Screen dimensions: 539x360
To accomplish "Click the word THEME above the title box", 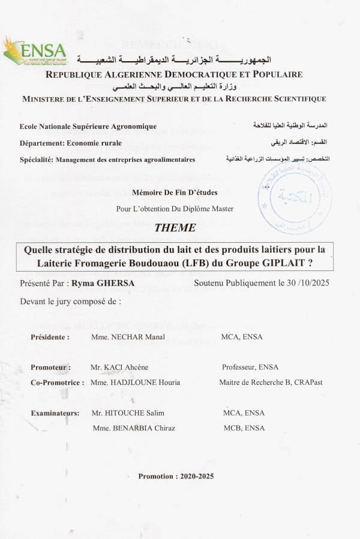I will (x=175, y=228).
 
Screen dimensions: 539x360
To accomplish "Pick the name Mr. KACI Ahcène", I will (x=119, y=367).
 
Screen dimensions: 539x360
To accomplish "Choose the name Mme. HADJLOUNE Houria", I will (x=135, y=383).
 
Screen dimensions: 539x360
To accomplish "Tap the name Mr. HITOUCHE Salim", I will (x=128, y=413).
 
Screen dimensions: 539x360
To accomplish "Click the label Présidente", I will (x=50, y=337).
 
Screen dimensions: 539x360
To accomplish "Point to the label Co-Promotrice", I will (x=57, y=383).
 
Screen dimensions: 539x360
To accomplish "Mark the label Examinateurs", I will (x=55, y=413).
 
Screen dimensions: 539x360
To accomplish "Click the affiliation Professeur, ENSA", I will (x=250, y=367).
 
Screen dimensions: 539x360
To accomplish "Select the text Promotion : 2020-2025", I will (x=176, y=476).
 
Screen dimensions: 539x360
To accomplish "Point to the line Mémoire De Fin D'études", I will (x=175, y=193).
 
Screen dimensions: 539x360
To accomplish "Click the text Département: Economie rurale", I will (x=70, y=143).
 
